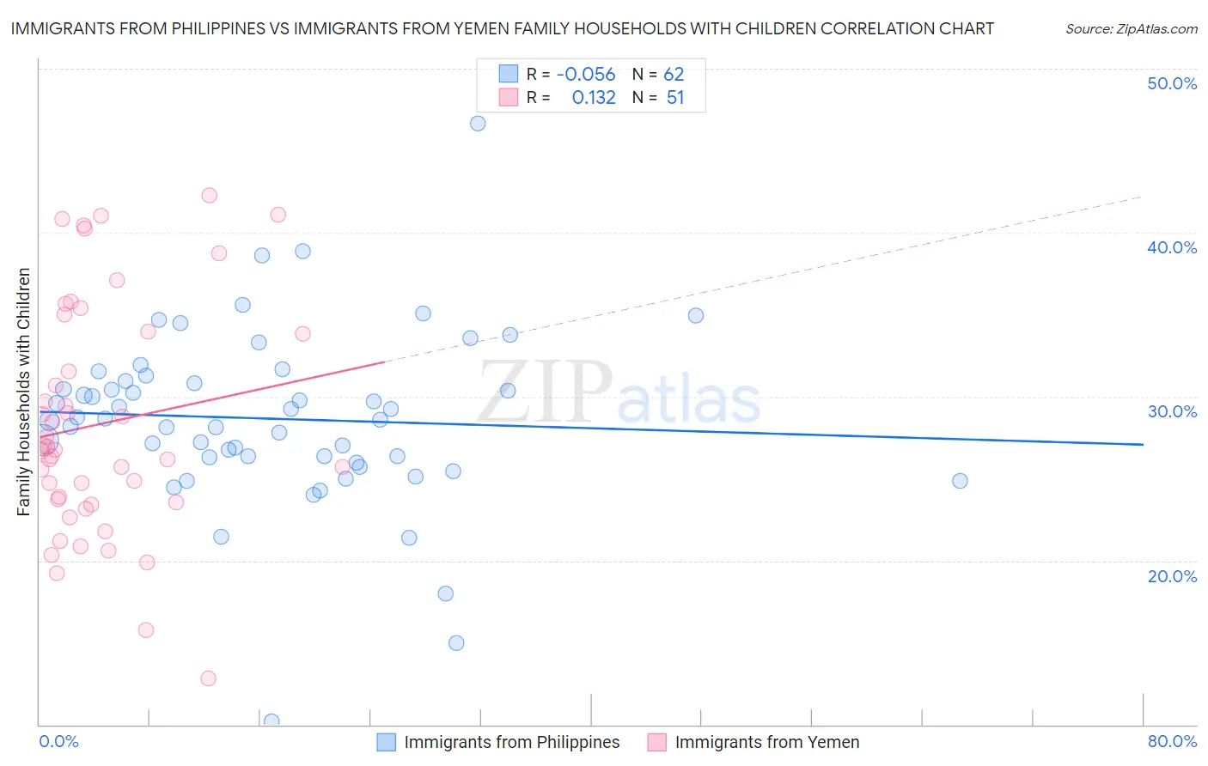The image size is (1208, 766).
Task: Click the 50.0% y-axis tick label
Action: click(1172, 83)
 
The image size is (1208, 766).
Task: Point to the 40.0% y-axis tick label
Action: click(1172, 247)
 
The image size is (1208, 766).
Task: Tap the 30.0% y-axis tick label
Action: click(1172, 411)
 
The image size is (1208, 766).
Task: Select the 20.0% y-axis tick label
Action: click(1172, 576)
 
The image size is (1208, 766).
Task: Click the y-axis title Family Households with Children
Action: click(24, 392)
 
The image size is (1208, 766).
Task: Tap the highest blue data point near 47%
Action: click(478, 123)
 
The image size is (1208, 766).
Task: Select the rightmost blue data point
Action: click(960, 481)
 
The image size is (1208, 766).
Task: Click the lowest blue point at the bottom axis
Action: click(271, 720)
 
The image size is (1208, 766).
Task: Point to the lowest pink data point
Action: click(208, 678)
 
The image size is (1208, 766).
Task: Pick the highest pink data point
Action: click(209, 195)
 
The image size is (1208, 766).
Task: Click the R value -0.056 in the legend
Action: click(586, 75)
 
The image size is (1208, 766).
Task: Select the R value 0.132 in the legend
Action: click(594, 98)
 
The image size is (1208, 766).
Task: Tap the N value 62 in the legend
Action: click(674, 75)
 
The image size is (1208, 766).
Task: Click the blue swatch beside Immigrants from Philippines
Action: click(387, 742)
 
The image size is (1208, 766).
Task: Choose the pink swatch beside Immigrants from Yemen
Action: click(657, 742)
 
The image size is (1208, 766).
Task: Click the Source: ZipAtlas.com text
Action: click(1131, 29)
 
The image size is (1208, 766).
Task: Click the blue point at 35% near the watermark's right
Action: click(696, 315)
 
